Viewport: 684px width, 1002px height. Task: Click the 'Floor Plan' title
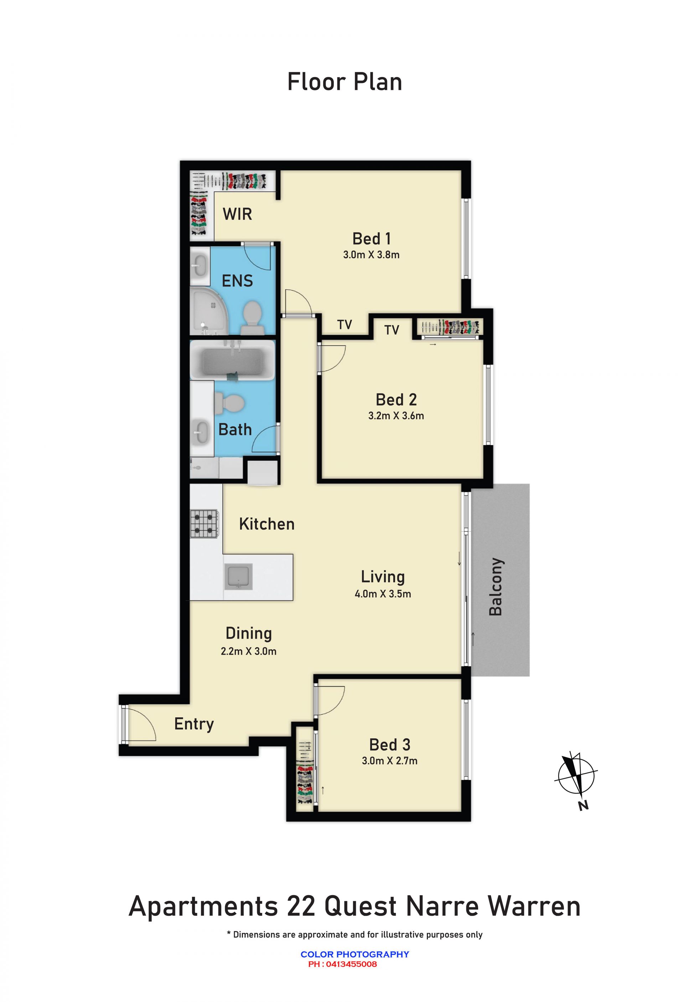[x=344, y=82]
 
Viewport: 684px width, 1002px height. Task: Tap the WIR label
[x=237, y=214]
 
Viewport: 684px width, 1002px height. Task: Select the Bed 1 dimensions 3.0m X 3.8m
[x=371, y=255]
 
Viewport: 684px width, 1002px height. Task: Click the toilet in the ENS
[x=252, y=317]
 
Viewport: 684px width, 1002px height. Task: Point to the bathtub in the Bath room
[x=233, y=360]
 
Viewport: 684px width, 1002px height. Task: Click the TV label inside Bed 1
[x=344, y=325]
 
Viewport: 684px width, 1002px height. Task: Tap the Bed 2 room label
[x=396, y=400]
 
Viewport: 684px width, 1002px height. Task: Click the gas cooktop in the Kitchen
[x=204, y=524]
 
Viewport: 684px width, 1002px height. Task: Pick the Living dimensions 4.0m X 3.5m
[x=383, y=594]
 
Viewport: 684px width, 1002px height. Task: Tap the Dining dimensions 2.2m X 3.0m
[x=249, y=651]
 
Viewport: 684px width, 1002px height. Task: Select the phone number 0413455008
[x=351, y=964]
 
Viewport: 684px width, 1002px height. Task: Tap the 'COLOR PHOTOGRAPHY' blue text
[x=355, y=954]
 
